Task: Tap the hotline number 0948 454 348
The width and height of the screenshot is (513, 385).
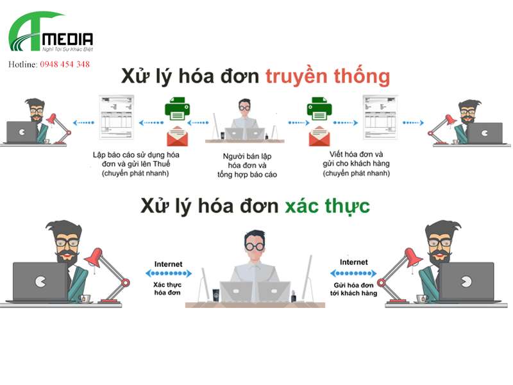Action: point(64,64)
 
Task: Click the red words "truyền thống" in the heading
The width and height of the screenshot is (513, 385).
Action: point(327,76)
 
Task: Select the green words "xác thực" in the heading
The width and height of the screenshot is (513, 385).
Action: point(323,206)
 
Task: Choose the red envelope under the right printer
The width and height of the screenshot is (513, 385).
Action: point(319,135)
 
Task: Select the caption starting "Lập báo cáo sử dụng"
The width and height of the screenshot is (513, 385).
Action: point(135,164)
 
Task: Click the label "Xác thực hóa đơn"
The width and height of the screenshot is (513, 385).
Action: point(167,287)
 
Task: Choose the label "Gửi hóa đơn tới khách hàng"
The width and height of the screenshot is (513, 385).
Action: point(354,287)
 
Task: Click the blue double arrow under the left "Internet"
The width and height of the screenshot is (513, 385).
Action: point(169,273)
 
